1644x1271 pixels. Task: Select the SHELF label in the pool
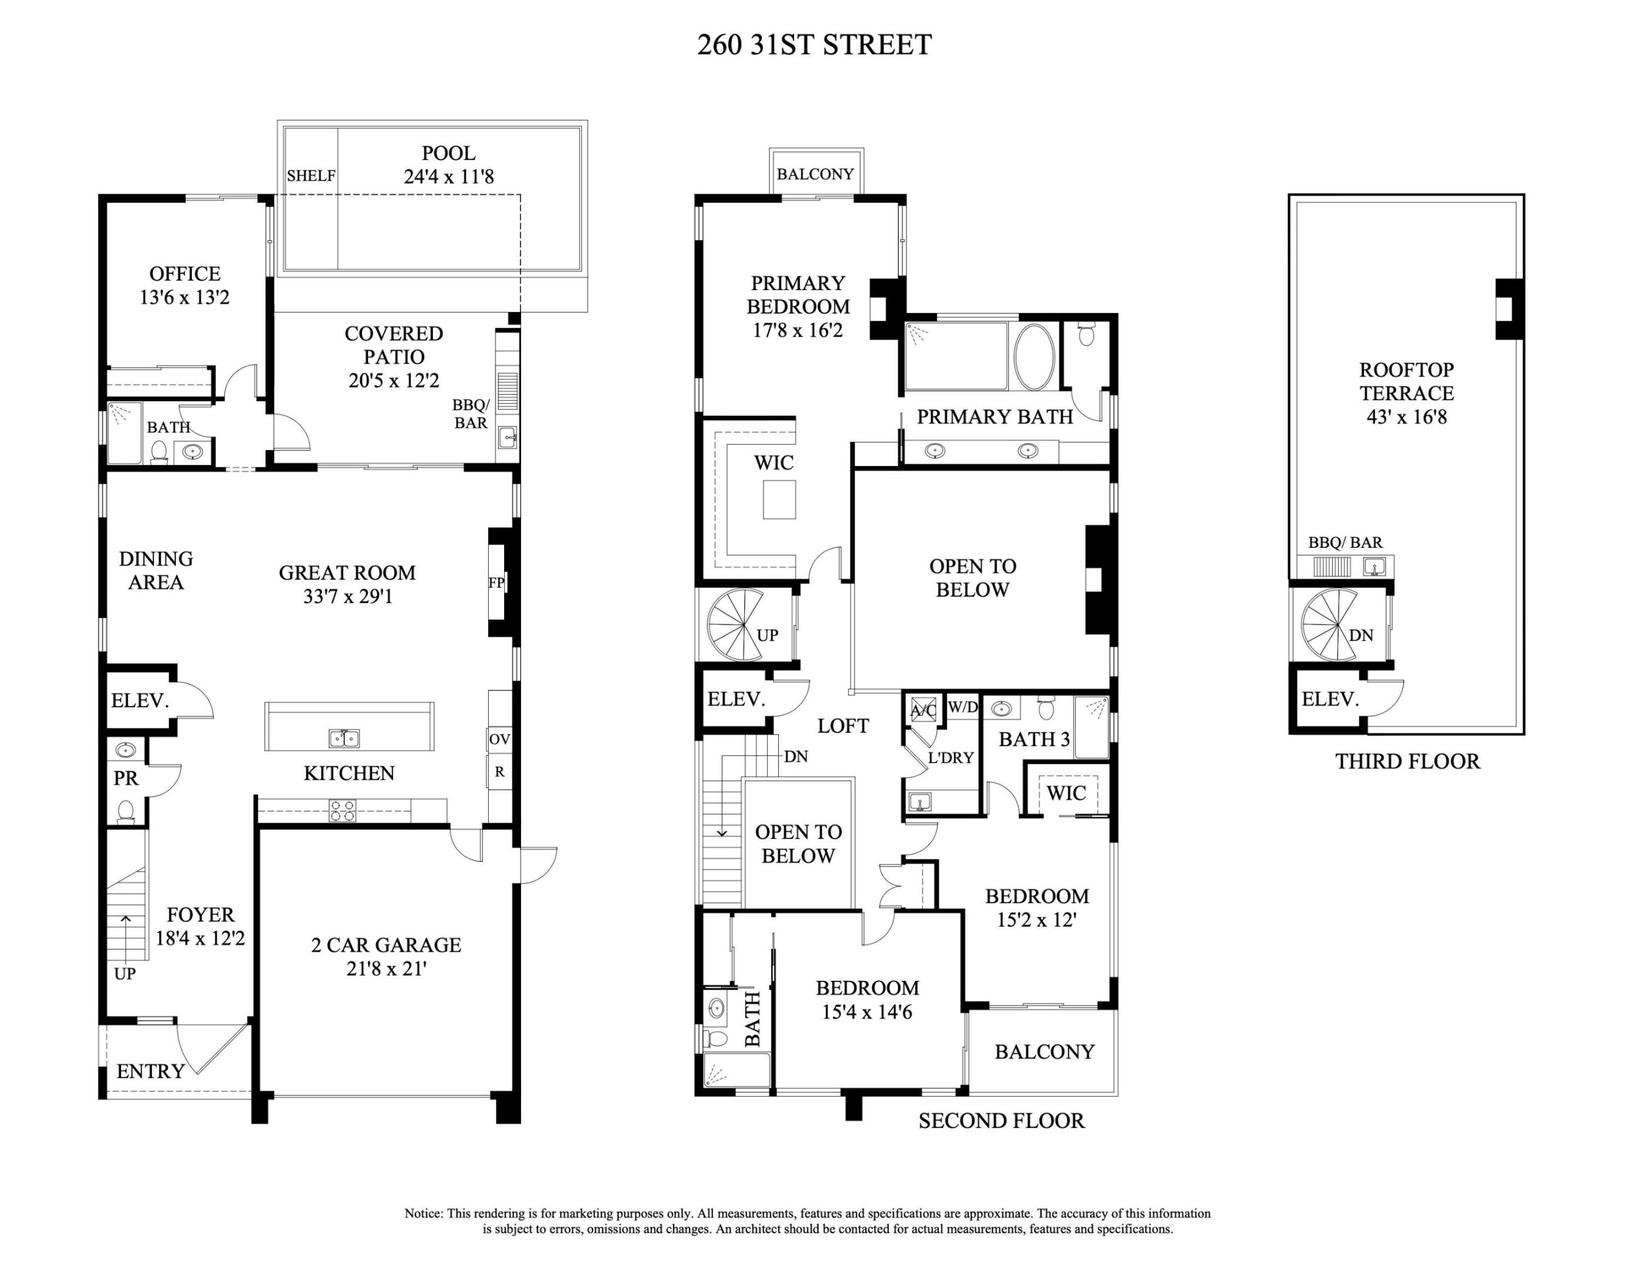[x=311, y=176]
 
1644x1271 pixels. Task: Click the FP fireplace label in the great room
[x=496, y=583]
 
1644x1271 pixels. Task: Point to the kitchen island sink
[x=344, y=738]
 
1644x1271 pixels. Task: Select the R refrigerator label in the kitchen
[x=499, y=772]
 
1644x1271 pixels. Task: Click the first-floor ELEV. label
[x=140, y=701]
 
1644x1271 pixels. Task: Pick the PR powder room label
[x=126, y=778]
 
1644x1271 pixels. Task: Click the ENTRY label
[x=151, y=1071]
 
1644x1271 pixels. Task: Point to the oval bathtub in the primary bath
[x=1035, y=358]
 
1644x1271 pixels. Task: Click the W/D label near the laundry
[x=963, y=707]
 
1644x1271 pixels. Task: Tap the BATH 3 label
[x=1033, y=740]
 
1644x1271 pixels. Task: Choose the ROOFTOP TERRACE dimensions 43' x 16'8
[x=1406, y=417]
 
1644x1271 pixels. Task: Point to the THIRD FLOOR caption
[x=1407, y=761]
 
